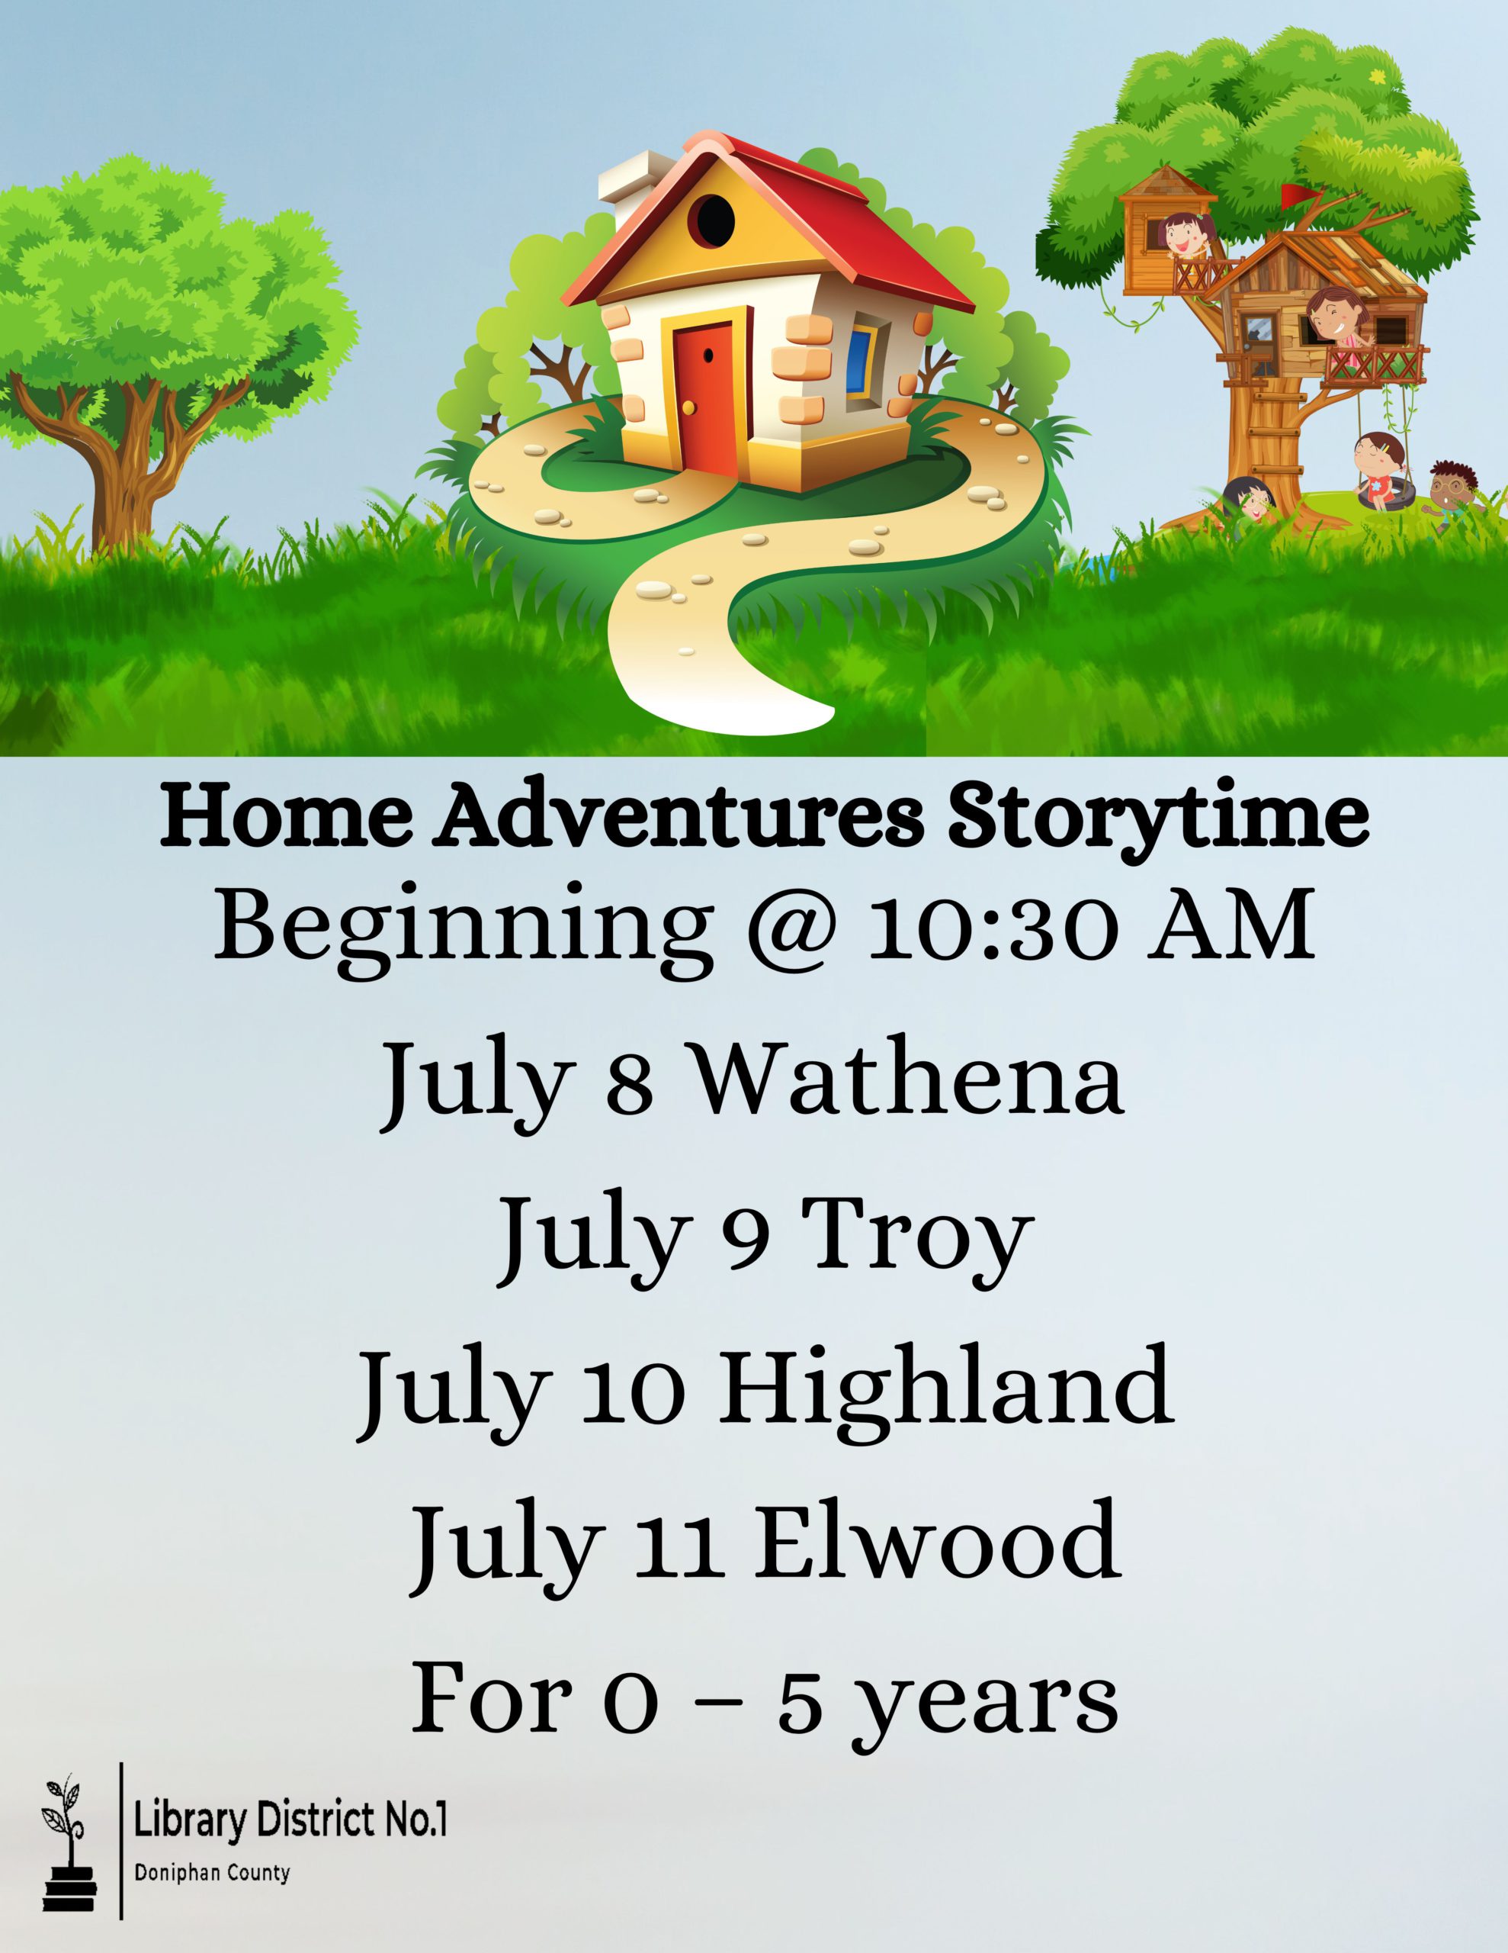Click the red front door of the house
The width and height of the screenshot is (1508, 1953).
(704, 391)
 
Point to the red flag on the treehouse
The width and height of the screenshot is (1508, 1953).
(1294, 196)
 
